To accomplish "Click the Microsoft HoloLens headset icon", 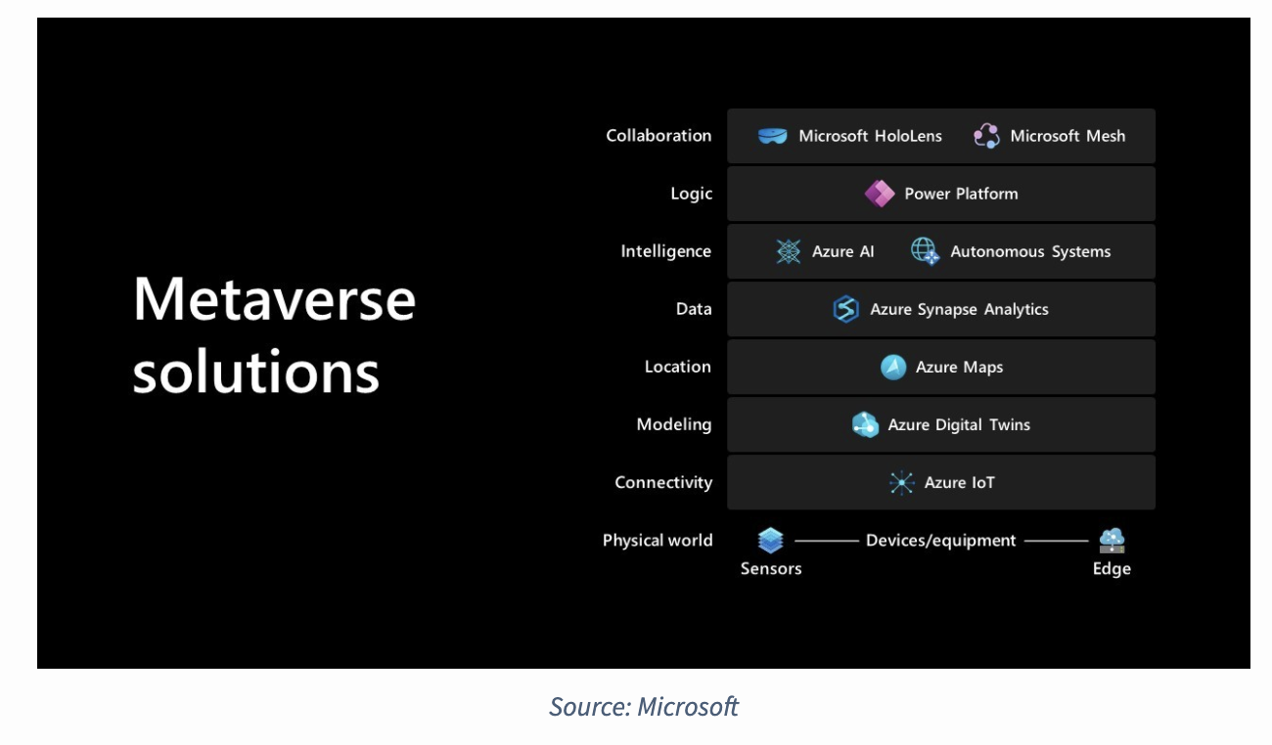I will (x=772, y=136).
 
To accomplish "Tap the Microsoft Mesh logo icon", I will (x=986, y=136).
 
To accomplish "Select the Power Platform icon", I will (x=879, y=194).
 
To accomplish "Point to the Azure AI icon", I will (x=788, y=251).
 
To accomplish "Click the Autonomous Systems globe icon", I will (x=925, y=251).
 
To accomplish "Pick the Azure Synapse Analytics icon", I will (x=845, y=309).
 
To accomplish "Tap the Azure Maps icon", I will (x=892, y=367).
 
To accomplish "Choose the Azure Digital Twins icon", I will (x=865, y=424).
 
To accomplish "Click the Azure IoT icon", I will (x=901, y=482).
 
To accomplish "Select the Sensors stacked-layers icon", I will (x=771, y=540).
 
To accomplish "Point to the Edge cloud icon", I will (x=1112, y=540).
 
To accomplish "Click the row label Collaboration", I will (x=659, y=136).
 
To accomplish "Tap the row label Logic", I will (x=691, y=194).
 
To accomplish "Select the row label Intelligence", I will (x=665, y=251).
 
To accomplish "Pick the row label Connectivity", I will (x=663, y=482).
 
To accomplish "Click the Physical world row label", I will (x=658, y=540).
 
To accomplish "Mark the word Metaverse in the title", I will (x=274, y=299).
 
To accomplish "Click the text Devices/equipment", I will (x=940, y=540).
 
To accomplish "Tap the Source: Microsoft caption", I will (x=644, y=706).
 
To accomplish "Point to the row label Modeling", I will (x=673, y=424).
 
